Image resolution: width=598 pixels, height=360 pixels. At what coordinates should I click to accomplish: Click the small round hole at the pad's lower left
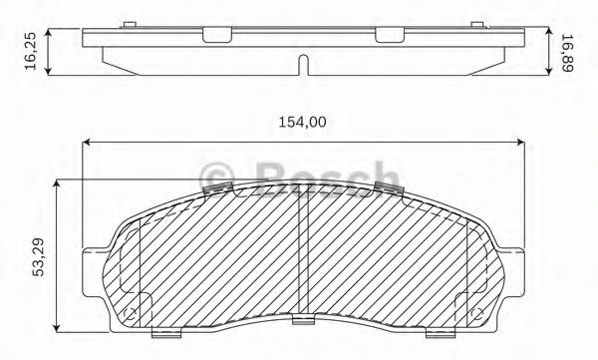[x=126, y=316]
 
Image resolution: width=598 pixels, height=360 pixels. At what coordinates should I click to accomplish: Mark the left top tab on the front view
[x=216, y=188]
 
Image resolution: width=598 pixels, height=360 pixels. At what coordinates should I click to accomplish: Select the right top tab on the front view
[x=387, y=188]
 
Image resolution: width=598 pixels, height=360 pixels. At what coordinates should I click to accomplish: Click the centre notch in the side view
[x=304, y=65]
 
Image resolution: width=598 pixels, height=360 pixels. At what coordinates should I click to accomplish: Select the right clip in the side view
[x=390, y=36]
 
